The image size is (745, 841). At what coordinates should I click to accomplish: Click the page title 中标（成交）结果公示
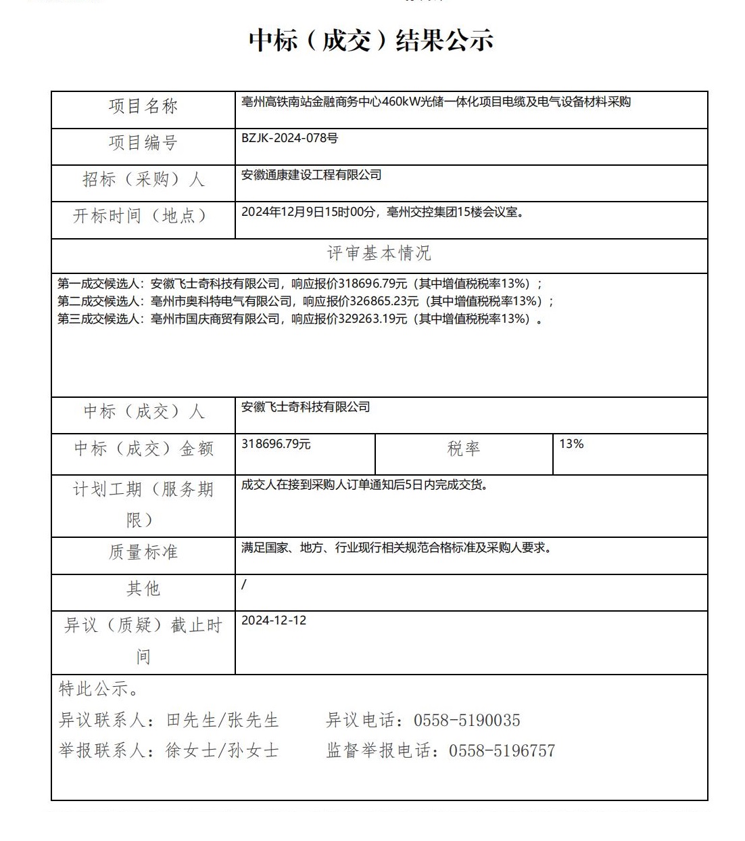click(x=371, y=40)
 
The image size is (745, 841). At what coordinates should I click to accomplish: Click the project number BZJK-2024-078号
click(x=289, y=138)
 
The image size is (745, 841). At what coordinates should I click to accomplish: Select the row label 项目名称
click(x=143, y=106)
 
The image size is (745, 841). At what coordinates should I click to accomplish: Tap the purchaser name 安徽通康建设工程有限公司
click(x=312, y=175)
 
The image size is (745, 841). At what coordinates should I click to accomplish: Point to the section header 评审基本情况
click(x=379, y=254)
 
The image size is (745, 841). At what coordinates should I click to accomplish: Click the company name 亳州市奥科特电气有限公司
click(x=222, y=301)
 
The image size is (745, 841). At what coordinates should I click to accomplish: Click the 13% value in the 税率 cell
click(x=571, y=444)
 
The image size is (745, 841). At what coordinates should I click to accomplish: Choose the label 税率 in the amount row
click(x=464, y=449)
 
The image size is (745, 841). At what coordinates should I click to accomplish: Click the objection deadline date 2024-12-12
click(x=274, y=620)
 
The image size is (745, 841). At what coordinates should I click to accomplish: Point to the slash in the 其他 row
click(x=244, y=585)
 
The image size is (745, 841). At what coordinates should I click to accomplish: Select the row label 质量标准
click(x=143, y=552)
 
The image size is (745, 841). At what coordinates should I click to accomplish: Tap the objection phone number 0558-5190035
click(x=467, y=721)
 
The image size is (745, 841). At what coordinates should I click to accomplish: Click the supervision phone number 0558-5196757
click(x=502, y=750)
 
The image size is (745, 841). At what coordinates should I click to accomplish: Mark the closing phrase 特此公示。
click(x=99, y=689)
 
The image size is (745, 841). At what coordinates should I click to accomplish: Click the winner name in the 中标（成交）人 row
click(x=306, y=407)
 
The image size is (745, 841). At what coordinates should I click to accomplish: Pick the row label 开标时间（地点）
click(x=140, y=216)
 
